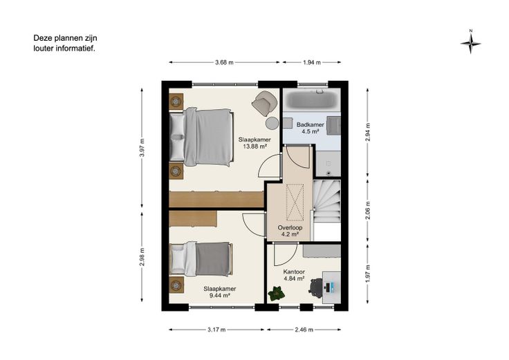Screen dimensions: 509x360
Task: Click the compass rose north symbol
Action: pos(470,43)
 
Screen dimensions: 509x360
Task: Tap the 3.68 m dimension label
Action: pos(224,63)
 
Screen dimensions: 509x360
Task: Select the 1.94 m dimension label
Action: pos(312,63)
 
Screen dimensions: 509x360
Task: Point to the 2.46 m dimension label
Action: pos(304,330)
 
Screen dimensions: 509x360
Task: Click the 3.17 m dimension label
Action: pos(216,330)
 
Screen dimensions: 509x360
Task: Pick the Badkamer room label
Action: pos(311,124)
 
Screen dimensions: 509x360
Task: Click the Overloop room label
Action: pos(290,227)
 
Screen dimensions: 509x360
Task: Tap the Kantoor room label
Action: pos(294,272)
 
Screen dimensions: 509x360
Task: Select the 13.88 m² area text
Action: pos(254,146)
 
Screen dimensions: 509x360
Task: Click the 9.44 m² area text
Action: pos(220,295)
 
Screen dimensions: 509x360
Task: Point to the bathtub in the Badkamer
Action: pos(312,100)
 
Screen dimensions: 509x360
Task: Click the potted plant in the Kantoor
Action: pos(276,294)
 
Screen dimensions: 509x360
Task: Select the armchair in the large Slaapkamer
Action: pos(265,102)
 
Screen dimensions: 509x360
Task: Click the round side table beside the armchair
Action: pos(272,123)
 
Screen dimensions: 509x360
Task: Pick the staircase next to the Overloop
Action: pos(326,201)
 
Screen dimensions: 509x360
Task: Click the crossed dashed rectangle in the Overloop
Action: pos(295,202)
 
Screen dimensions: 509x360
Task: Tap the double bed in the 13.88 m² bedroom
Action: pos(201,138)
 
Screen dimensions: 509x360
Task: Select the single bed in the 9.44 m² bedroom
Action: pos(201,259)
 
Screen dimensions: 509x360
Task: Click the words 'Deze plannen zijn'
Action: pos(65,38)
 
